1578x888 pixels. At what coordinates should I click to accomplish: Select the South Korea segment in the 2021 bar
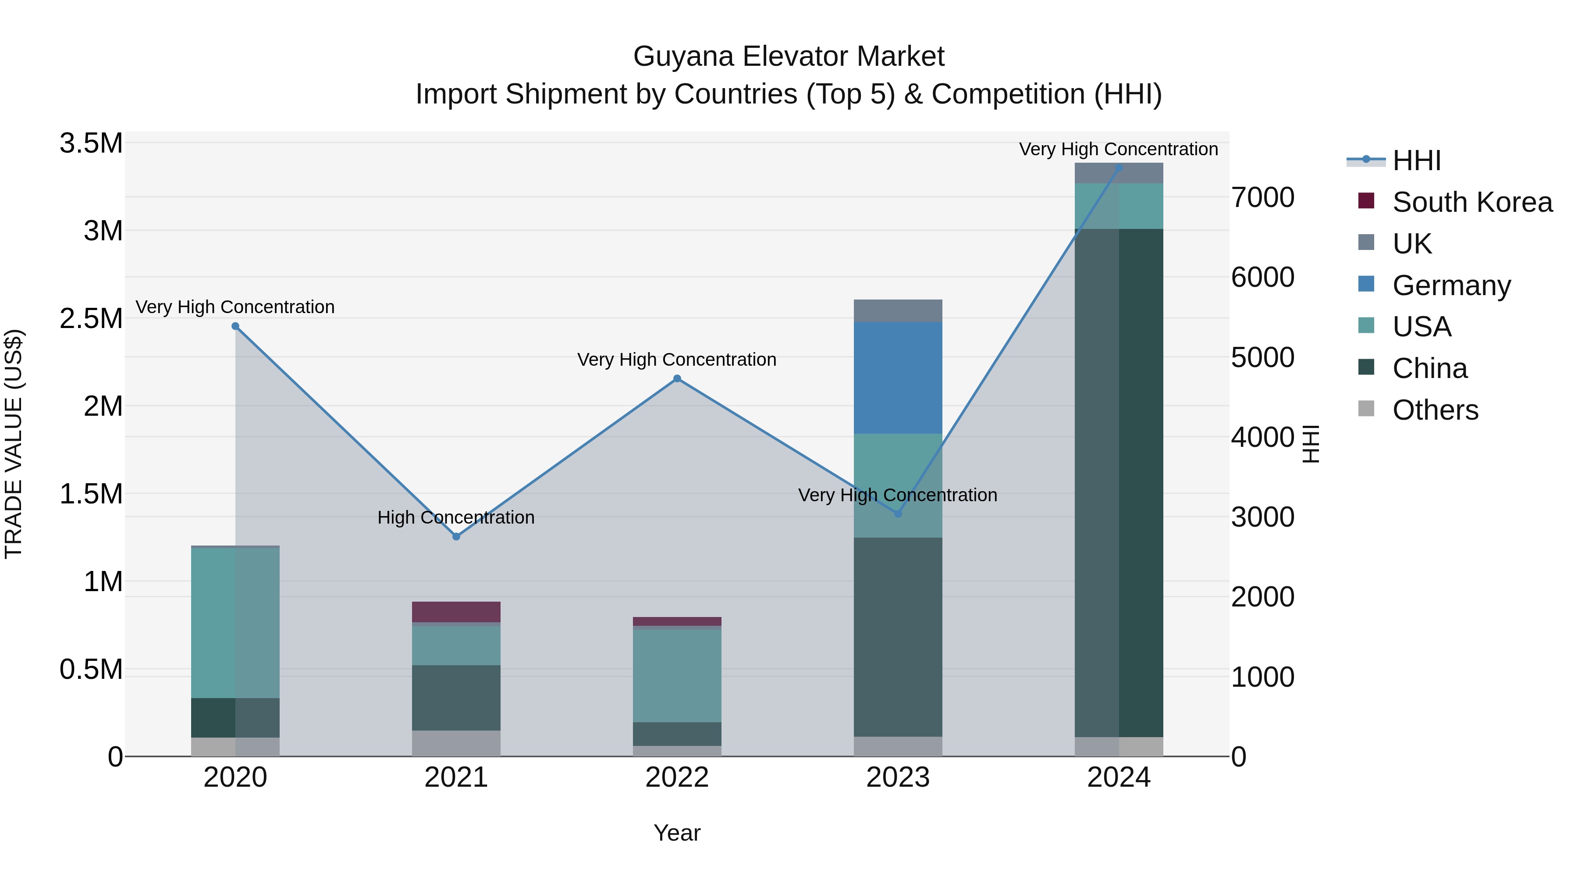(456, 612)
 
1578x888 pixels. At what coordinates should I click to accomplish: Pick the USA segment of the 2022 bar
(676, 675)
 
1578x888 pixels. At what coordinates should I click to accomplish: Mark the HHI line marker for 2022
(677, 379)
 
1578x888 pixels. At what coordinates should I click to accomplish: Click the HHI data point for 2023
(898, 514)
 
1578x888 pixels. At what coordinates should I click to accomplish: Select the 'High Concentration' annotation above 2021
(456, 518)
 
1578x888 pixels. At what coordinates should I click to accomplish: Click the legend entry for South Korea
(1471, 202)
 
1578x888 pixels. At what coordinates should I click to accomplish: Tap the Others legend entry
(1435, 410)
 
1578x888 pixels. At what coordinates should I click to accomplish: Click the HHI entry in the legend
(1416, 160)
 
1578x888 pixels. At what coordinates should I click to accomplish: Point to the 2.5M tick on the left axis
(91, 319)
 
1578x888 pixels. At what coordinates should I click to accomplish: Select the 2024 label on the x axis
(1119, 777)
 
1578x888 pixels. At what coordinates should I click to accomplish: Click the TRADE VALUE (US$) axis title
(14, 444)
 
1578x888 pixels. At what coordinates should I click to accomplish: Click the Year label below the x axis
(676, 833)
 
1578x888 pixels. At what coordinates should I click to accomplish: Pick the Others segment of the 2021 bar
(456, 743)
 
